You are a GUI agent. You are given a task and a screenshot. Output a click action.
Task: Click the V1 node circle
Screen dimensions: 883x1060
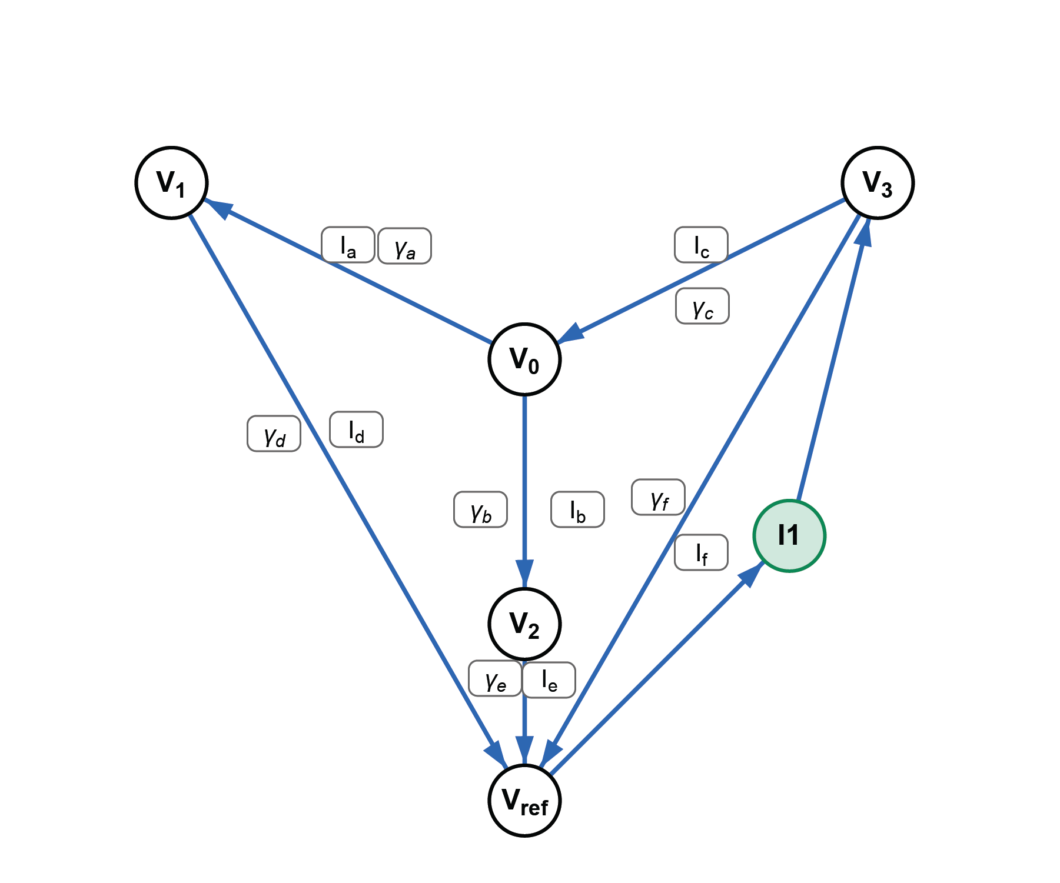(x=171, y=183)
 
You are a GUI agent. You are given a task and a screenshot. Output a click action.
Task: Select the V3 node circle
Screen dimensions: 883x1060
(x=878, y=183)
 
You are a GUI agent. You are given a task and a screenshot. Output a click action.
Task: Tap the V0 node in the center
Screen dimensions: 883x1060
(x=524, y=359)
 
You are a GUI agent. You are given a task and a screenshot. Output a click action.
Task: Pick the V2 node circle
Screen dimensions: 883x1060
(x=524, y=624)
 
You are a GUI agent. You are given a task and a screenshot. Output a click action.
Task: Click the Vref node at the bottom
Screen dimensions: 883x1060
(x=524, y=801)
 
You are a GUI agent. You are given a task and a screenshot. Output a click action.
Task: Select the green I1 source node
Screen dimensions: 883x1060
(x=789, y=535)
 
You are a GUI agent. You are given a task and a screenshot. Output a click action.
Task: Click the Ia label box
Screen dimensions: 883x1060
(x=348, y=245)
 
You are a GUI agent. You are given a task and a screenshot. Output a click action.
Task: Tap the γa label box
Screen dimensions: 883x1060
(x=404, y=246)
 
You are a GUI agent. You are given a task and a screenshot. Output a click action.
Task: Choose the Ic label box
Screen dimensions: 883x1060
(x=701, y=245)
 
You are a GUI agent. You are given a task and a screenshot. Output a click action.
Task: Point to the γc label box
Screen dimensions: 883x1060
(x=702, y=306)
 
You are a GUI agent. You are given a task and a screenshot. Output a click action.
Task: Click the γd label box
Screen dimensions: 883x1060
(x=274, y=434)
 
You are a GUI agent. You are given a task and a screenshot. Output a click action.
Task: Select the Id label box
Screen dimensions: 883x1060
(x=356, y=429)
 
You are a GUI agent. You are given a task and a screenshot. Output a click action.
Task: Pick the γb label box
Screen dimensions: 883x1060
(x=480, y=509)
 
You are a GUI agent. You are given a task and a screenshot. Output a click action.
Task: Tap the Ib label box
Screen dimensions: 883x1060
(x=577, y=509)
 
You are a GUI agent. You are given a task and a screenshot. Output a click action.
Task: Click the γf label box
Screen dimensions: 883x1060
(x=658, y=497)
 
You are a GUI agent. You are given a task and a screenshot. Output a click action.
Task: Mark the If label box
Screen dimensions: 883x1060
(x=701, y=552)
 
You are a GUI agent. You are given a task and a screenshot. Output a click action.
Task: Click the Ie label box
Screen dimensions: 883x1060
(x=549, y=680)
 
